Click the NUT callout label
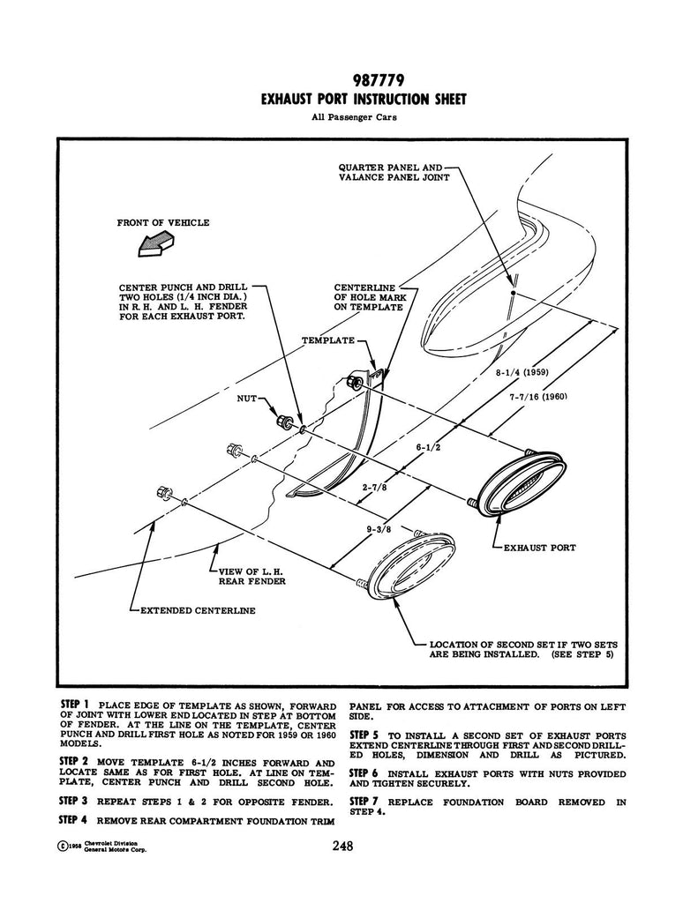click(x=246, y=399)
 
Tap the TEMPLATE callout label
click(x=327, y=340)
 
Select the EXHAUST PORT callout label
click(x=539, y=548)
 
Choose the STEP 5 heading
click(x=364, y=735)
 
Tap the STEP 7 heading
click(x=364, y=801)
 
